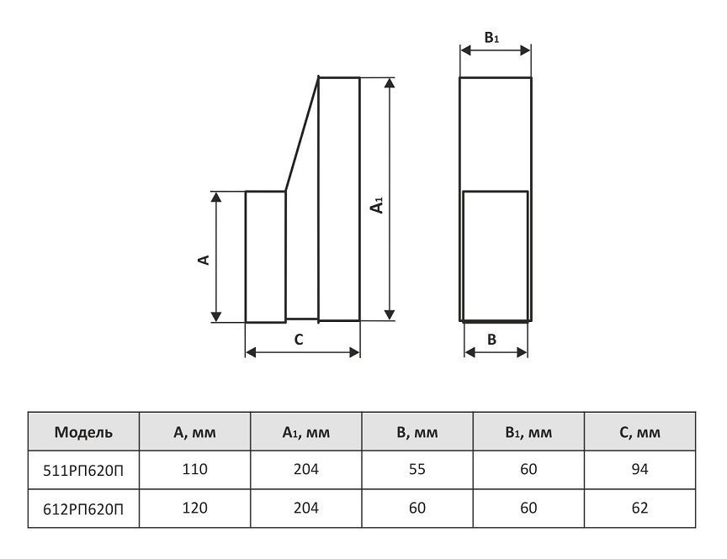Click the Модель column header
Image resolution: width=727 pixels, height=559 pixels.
[83, 432]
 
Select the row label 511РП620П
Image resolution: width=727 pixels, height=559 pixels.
[83, 470]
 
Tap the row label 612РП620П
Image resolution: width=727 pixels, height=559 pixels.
[83, 509]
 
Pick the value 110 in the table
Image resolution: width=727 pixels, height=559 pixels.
[194, 469]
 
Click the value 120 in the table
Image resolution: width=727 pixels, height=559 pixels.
[194, 508]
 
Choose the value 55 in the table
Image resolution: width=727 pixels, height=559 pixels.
[417, 469]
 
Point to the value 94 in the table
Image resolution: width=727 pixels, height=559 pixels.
[639, 469]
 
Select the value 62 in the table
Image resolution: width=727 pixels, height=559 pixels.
[639, 508]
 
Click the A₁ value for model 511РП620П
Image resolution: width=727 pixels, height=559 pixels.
[306, 469]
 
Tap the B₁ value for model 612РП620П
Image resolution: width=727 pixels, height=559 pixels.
[528, 508]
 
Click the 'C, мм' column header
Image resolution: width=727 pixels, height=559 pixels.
[639, 433]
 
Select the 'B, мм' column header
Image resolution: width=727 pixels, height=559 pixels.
[417, 433]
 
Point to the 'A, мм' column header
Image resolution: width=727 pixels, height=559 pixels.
[194, 433]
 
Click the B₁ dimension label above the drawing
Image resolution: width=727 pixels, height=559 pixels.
[491, 38]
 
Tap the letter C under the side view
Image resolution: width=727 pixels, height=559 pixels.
[299, 340]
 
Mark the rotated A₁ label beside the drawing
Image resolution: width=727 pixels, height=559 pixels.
[378, 205]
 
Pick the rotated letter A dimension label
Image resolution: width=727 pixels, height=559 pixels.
[204, 260]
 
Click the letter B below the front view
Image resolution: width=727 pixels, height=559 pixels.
[492, 340]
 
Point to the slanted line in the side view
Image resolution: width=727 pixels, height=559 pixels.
[302, 134]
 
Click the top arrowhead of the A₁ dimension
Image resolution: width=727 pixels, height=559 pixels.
[390, 82]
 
